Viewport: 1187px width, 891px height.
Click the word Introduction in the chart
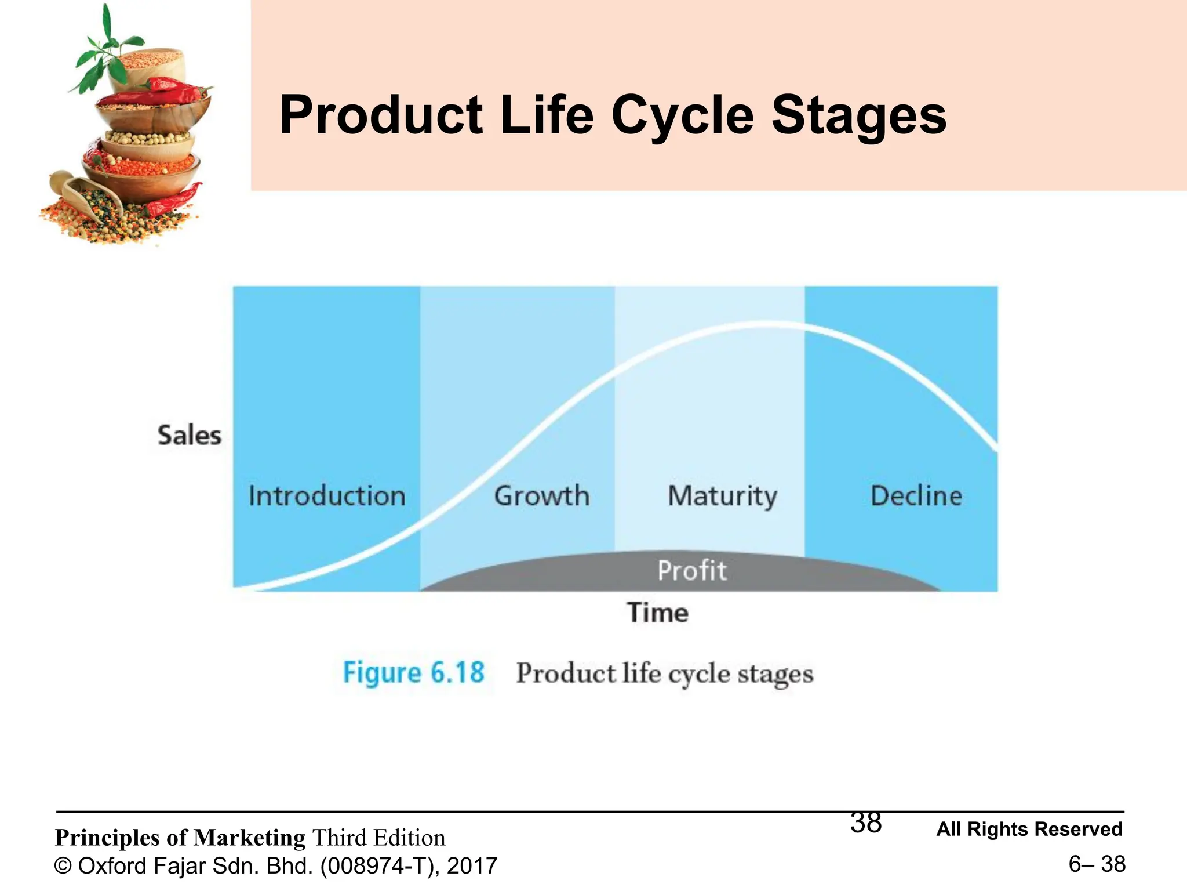coord(327,497)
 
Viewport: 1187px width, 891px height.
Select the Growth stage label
coord(541,497)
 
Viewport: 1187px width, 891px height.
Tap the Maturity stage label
coord(722,497)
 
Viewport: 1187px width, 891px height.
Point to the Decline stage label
coord(916,497)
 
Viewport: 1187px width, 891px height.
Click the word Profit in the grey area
coord(691,571)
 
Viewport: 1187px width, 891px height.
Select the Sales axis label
coord(190,436)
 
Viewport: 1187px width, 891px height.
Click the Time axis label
coord(658,613)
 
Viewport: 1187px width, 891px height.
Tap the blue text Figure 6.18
coord(413,673)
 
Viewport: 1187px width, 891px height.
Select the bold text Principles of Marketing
coord(180,838)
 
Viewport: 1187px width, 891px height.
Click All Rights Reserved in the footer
coord(1029,830)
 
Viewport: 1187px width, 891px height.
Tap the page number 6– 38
coord(1097,864)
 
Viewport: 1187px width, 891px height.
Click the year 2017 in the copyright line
coord(472,866)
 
